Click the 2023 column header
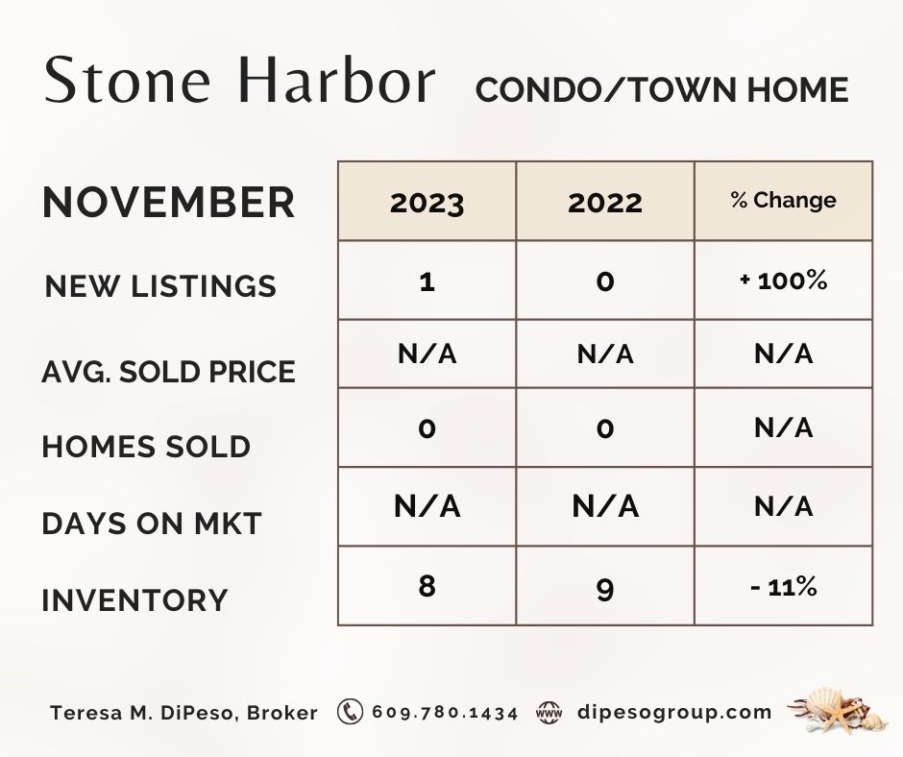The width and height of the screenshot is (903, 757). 427,203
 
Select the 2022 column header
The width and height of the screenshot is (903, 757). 604,203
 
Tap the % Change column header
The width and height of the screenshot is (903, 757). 783,200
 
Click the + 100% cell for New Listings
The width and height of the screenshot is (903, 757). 783,281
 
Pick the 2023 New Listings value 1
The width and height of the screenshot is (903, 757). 427,281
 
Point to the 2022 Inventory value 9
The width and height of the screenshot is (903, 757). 604,590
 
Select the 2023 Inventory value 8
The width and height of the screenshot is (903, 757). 427,586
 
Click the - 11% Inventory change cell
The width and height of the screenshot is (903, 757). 783,587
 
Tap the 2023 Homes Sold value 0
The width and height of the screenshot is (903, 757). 427,428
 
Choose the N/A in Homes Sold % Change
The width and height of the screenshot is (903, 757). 783,427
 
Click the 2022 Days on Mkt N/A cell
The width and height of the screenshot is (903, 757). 604,506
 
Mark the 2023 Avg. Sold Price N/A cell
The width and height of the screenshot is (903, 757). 427,354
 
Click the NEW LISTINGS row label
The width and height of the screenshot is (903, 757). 160,286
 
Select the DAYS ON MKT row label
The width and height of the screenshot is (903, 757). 152,524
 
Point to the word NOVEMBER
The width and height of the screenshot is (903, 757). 168,202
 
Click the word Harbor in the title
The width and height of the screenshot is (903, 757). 336,80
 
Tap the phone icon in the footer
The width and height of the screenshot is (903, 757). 350,712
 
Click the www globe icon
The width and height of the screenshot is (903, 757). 549,712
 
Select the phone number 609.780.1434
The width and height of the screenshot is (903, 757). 445,713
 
